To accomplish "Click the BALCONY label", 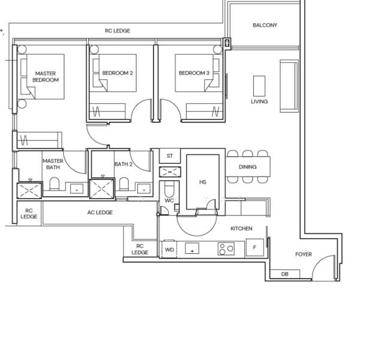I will [264, 25].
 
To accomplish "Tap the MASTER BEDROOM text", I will [46, 77].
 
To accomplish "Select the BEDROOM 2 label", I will [118, 73].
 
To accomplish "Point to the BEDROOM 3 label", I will [194, 73].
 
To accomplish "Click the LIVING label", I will [259, 101].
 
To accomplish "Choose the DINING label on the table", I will [248, 167].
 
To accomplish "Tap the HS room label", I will [202, 181].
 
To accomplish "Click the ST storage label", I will [170, 156].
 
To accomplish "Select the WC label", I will [169, 200].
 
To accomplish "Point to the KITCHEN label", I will [241, 229].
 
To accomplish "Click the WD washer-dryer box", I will [169, 249].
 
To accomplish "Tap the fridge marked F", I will [254, 247].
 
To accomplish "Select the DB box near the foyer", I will [284, 274].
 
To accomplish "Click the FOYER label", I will [303, 254].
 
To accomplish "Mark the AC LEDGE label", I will [100, 212].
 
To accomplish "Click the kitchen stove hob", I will [225, 248].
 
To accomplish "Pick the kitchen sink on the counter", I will [191, 248].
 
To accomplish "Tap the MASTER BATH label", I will [53, 164].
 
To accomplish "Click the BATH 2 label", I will [124, 164].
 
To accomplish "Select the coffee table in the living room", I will [259, 85].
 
